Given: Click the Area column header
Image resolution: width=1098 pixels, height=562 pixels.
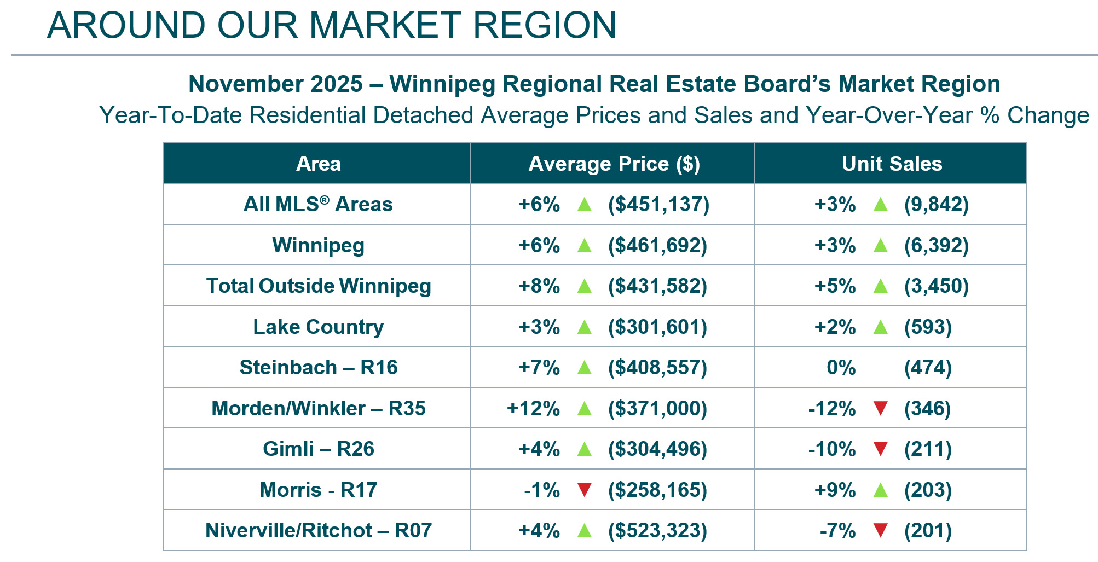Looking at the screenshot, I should click(318, 164).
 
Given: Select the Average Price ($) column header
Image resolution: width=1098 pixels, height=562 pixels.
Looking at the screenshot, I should click(614, 164).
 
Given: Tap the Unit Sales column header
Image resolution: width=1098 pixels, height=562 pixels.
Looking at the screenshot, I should click(892, 164).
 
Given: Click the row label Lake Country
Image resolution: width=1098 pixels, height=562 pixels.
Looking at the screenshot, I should click(318, 327).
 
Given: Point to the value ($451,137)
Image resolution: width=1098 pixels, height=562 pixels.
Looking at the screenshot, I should click(658, 205).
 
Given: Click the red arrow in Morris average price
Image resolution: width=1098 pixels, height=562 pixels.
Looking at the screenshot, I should click(585, 489).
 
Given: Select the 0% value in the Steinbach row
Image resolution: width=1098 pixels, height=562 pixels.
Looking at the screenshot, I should click(841, 367).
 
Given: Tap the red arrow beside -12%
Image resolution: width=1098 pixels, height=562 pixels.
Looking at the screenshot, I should click(880, 408).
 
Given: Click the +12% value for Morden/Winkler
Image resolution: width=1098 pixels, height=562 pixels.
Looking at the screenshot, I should click(533, 408).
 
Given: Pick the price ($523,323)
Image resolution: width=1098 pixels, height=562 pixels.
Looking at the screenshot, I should click(657, 530).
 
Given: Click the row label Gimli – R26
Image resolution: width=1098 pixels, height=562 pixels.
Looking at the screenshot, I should click(318, 449).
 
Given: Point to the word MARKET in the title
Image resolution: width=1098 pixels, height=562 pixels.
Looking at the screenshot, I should click(386, 25).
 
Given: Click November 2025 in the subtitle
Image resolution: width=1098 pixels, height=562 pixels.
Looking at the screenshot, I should click(275, 84).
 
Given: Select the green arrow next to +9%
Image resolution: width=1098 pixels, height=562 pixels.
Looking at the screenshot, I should click(880, 489).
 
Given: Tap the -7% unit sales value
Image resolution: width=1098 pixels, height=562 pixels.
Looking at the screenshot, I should click(837, 530).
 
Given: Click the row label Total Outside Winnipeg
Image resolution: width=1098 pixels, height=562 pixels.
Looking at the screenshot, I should click(318, 286).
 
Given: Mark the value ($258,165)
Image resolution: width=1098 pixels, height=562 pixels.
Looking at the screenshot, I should click(657, 490).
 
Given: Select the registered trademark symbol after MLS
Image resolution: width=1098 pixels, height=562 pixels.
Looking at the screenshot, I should click(325, 200).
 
